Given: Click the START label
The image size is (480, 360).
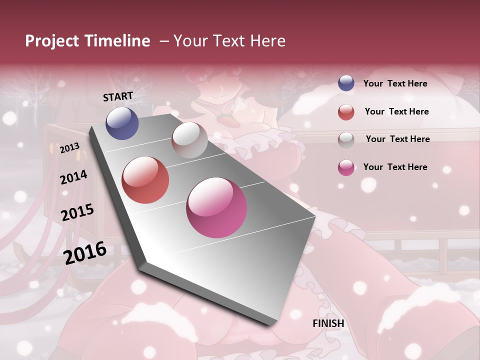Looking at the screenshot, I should [118, 96].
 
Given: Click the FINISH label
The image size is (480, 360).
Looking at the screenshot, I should [328, 323].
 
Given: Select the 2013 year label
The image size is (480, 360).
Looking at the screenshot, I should [69, 148].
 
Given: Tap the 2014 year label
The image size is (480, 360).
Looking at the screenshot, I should [73, 177].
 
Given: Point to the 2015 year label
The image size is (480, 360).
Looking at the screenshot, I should [77, 212].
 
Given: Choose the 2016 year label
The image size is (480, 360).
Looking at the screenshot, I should [85, 252].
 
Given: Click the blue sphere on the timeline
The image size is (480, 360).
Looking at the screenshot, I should [122, 123].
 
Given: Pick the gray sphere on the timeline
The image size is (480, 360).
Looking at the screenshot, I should [189, 140].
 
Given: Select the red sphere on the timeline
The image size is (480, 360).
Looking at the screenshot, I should [145, 180].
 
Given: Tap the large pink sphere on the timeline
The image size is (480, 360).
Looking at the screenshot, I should [216, 207].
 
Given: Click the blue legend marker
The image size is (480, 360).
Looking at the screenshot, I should [346, 83].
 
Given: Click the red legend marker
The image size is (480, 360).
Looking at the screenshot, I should [346, 112].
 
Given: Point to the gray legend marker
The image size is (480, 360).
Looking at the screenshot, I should [346, 139].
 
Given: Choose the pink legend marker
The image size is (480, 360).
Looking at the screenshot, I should [346, 167].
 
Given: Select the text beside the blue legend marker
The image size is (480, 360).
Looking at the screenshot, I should [395, 83].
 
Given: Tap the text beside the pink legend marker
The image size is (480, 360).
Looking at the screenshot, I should [395, 167].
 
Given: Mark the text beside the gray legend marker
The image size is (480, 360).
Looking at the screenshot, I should [397, 139].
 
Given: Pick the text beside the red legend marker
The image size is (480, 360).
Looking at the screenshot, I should [396, 111].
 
